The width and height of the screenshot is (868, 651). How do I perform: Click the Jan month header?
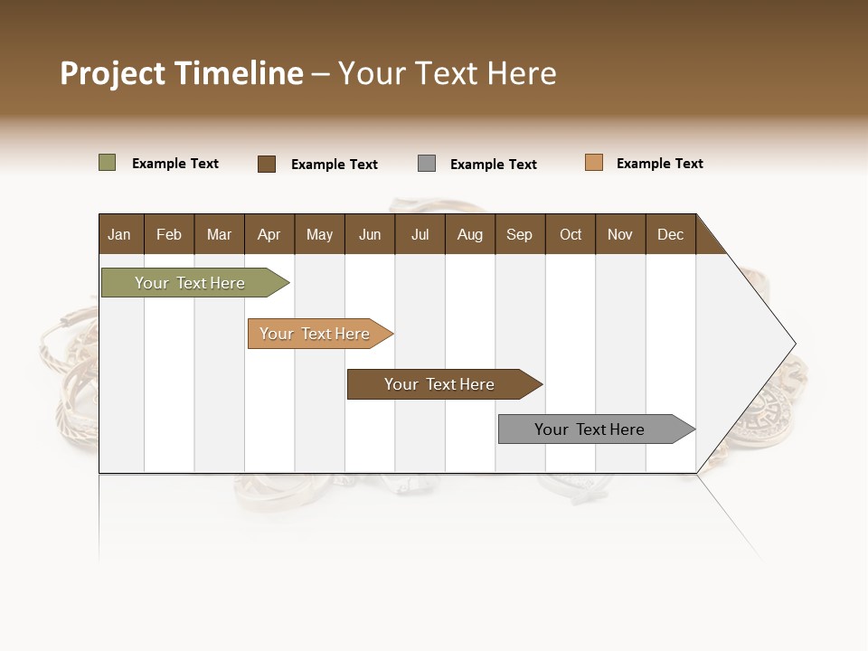120,234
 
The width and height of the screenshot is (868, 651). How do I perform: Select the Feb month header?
169,234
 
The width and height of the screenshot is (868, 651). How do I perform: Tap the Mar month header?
219,234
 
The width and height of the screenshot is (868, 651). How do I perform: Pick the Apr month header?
269,234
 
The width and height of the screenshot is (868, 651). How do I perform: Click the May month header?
319,234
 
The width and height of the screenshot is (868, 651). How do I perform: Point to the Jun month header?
370,234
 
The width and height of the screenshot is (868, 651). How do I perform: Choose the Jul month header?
420,234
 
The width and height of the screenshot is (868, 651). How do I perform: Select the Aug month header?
470,234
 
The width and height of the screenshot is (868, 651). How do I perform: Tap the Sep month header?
520,234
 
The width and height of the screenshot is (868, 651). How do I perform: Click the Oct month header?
571,234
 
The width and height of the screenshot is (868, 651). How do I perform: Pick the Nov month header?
620,234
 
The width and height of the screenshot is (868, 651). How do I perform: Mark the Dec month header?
671,234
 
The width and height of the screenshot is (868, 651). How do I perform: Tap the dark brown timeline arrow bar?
440,384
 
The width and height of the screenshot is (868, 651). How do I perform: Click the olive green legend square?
108,163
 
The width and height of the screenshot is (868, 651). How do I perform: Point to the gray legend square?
427,164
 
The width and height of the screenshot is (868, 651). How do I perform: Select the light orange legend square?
594,163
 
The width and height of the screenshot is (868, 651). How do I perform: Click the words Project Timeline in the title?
182,73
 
